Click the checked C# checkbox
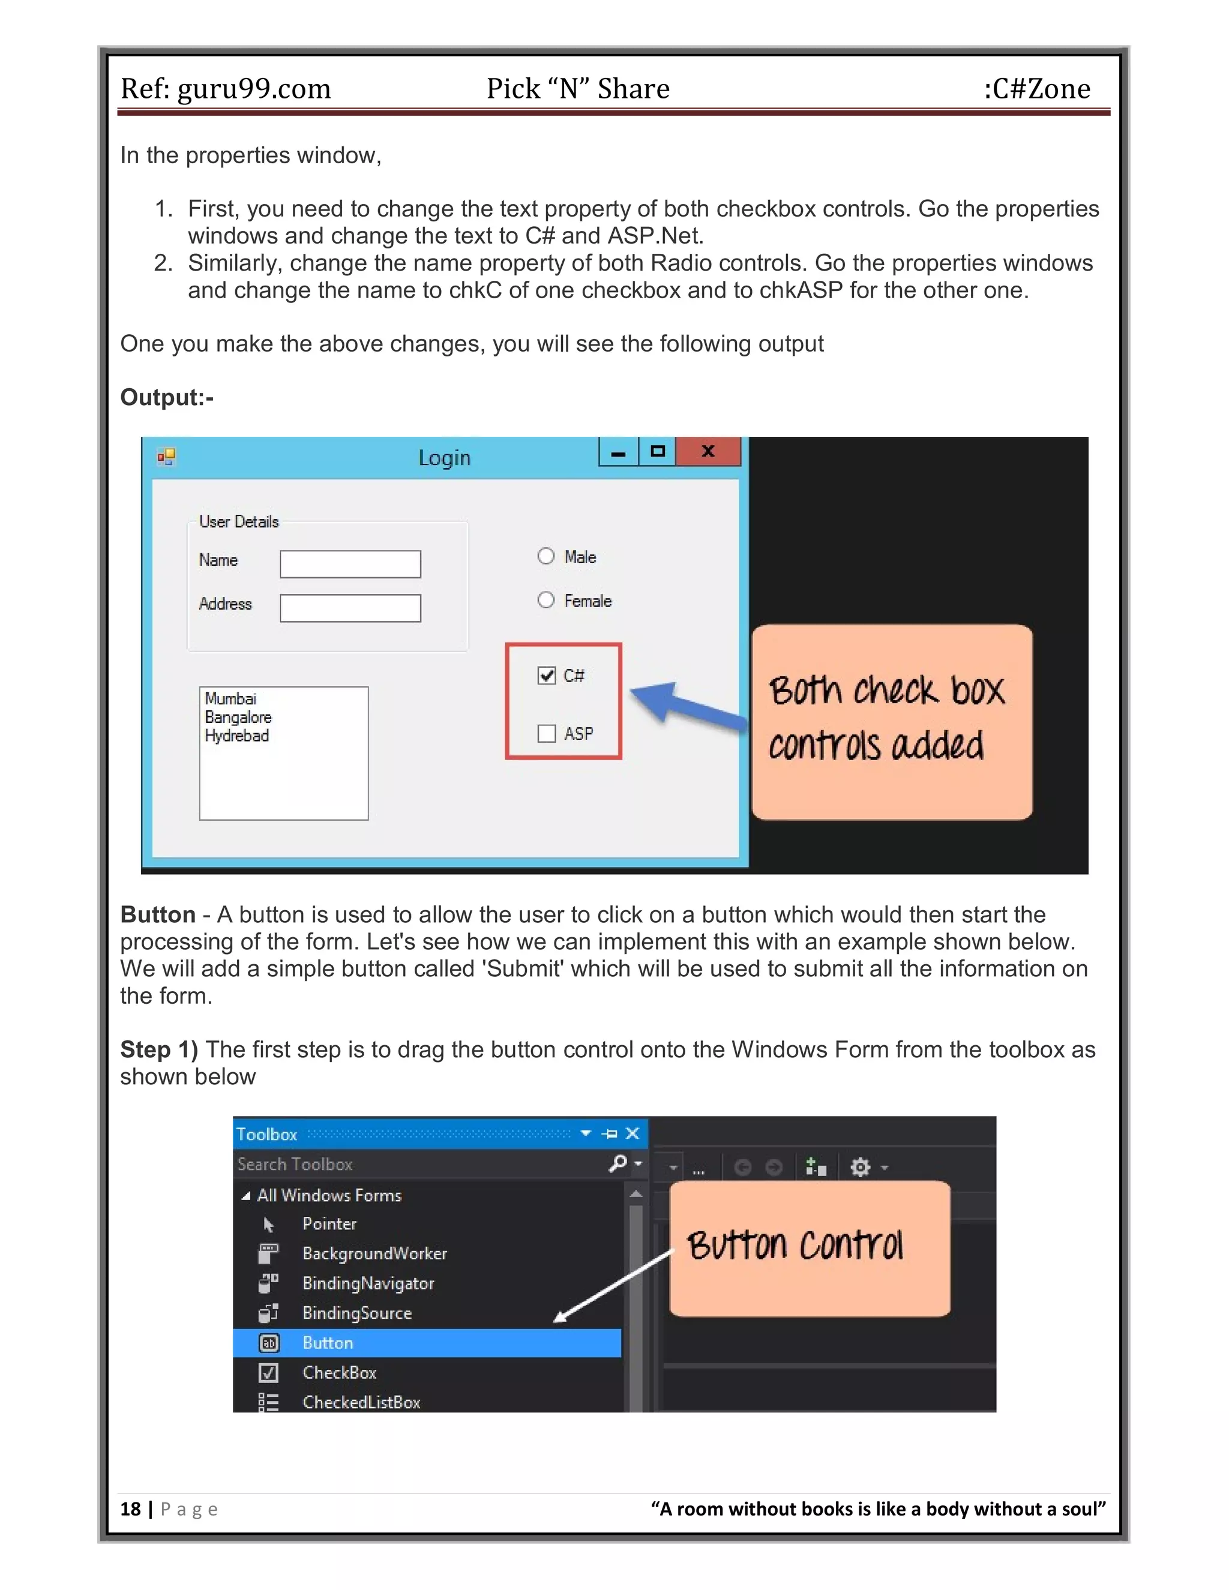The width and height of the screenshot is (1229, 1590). tap(546, 676)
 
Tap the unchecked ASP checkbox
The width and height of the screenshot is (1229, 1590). tap(546, 733)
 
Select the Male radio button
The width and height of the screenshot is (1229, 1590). tap(546, 556)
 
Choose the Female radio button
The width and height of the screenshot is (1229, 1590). tap(546, 601)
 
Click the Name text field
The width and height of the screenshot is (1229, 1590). tap(350, 564)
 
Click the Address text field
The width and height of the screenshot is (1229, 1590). tap(350, 608)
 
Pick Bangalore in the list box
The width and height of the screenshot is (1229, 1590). tap(238, 717)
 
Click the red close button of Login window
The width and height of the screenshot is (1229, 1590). tap(708, 451)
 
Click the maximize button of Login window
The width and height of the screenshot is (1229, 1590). tap(658, 451)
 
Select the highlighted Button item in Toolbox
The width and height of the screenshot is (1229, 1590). tap(328, 1342)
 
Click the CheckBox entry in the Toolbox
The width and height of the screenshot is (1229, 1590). tap(339, 1372)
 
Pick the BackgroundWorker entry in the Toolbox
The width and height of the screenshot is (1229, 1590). tap(374, 1253)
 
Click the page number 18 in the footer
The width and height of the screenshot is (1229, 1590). tap(130, 1508)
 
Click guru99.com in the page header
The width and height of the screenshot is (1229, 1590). tap(254, 89)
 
